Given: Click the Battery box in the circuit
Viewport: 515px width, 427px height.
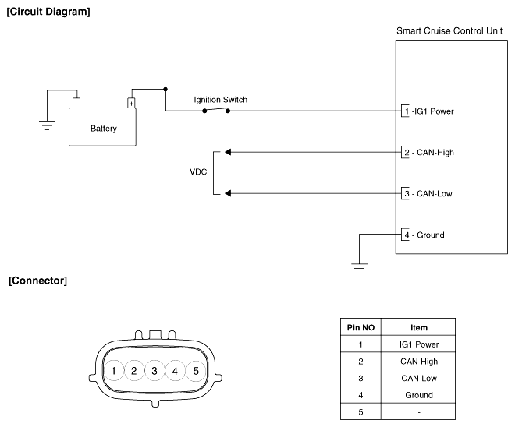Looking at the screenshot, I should pos(103,127).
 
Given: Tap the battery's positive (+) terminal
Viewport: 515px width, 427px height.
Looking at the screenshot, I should pos(131,102).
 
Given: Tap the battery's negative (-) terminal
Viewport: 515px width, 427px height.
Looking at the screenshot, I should pos(76,102).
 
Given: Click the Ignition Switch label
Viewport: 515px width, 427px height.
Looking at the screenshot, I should pos(221,100).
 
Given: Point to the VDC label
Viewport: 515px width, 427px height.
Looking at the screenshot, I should pos(198,172).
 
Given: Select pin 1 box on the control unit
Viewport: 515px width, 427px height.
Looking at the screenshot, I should pos(405,111).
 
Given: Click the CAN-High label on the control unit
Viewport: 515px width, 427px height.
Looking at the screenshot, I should pos(434,153).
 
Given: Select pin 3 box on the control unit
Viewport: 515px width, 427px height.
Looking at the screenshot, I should pos(405,193).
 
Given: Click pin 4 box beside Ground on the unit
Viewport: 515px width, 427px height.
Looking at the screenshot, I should pos(405,235).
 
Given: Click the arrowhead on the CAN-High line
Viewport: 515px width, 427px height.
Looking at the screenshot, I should pos(227,152).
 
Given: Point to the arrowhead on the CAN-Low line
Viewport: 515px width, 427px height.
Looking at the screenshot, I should pos(227,193).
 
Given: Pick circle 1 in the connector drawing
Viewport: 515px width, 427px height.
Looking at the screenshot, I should pos(114,371).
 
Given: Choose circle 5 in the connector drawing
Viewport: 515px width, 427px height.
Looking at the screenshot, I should pos(196,371).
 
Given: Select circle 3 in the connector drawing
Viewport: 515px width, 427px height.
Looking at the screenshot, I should pos(154,371).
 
